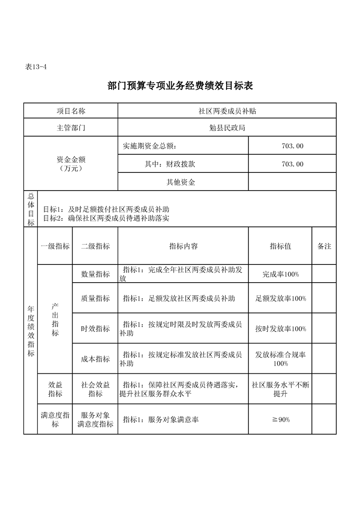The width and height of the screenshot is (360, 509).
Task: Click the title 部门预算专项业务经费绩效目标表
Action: pyautogui.click(x=180, y=86)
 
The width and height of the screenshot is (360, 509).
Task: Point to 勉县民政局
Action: pyautogui.click(x=227, y=128)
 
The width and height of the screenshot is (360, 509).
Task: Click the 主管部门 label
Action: pyautogui.click(x=71, y=128)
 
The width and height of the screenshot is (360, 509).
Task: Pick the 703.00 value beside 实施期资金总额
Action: pyautogui.click(x=292, y=146)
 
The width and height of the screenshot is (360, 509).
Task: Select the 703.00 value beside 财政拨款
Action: pyautogui.click(x=292, y=164)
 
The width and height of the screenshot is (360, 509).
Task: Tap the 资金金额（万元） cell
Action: pyautogui.click(x=71, y=164)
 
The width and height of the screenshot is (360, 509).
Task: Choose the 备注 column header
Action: pyautogui.click(x=324, y=246)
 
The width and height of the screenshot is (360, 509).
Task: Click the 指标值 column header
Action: pyautogui.click(x=280, y=246)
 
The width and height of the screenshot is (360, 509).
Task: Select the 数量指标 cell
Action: pyautogui.click(x=95, y=274)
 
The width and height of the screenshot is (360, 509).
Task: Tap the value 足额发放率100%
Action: pyautogui.click(x=280, y=299)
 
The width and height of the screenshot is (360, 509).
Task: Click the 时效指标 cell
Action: pyautogui.click(x=95, y=329)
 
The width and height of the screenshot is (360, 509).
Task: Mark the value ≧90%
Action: pyautogui.click(x=280, y=420)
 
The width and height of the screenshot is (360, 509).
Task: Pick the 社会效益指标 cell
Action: pyautogui.click(x=95, y=389)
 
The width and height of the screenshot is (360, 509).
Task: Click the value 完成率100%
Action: pyautogui.click(x=280, y=274)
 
